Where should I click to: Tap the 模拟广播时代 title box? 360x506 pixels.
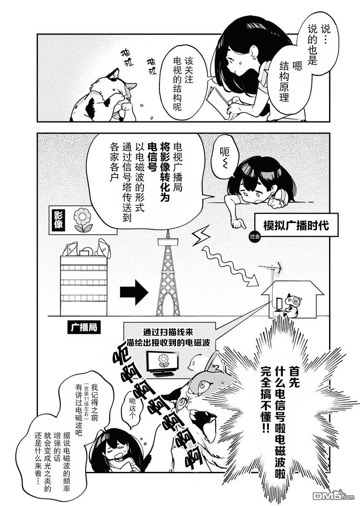pyautogui.click(x=296, y=225)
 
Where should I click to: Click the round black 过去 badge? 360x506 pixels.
pyautogui.click(x=254, y=237)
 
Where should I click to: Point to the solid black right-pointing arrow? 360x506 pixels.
pyautogui.click(x=134, y=293)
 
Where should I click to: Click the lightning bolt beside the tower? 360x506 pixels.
pyautogui.click(x=201, y=236)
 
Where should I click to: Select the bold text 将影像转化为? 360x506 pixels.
pyautogui.click(x=165, y=173)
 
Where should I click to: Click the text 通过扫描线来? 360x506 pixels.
pyautogui.click(x=168, y=333)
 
